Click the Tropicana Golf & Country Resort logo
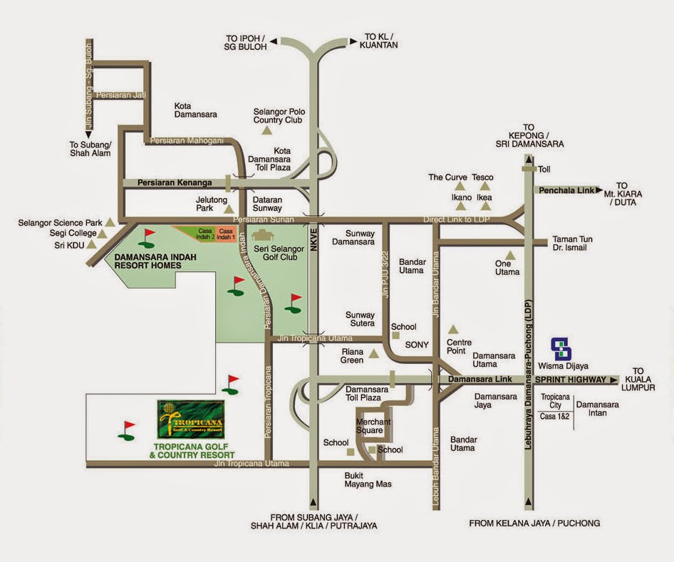(x=190, y=420)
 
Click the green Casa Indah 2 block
(x=205, y=234)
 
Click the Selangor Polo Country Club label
(x=278, y=115)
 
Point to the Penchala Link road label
(x=566, y=190)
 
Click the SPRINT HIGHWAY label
(x=571, y=380)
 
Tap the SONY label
(x=417, y=345)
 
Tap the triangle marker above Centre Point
(x=451, y=329)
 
